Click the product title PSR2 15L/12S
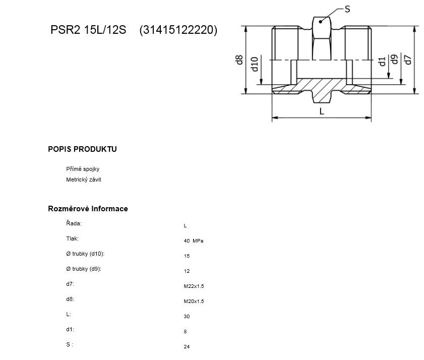88,29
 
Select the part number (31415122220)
178,30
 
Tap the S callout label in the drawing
347,9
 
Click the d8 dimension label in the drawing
239,60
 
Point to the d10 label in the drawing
255,64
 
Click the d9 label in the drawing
395,59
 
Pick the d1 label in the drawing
382,62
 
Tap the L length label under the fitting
322,111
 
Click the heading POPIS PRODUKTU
82,149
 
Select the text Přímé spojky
83,169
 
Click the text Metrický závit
84,179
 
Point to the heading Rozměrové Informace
88,209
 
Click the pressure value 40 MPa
194,241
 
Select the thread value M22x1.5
194,286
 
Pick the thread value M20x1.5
194,302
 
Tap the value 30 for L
187,317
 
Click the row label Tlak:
73,238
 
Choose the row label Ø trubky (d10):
85,254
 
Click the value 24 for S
187,347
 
